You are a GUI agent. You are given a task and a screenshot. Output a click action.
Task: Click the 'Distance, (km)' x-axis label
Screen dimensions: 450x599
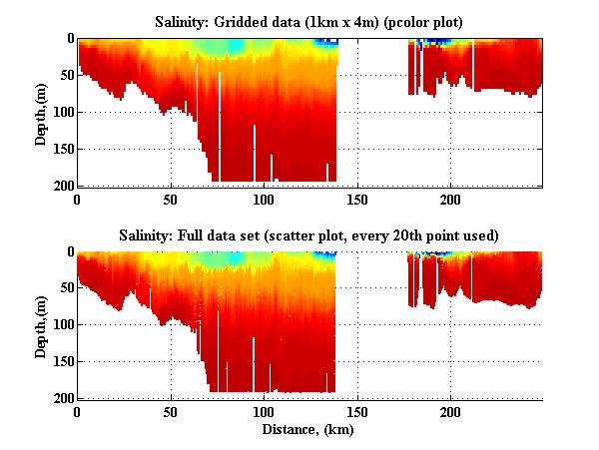(x=309, y=430)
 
